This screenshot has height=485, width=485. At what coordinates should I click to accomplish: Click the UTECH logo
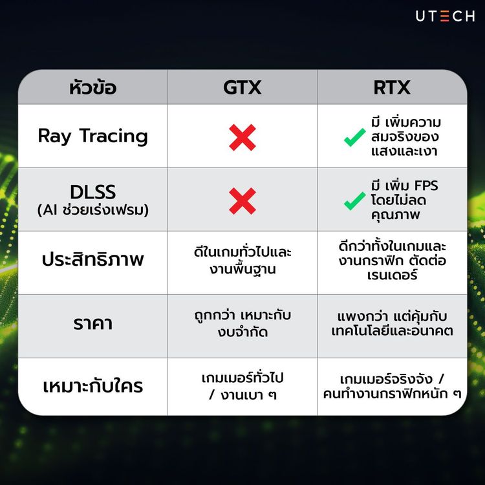[445, 16]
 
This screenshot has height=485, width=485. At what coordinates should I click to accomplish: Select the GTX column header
[242, 87]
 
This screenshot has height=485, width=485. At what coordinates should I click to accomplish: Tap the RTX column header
[393, 87]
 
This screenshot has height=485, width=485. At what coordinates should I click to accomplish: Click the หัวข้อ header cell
[92, 87]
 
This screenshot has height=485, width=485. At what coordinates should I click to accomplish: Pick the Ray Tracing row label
[92, 136]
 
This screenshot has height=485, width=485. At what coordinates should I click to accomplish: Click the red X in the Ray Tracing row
[242, 137]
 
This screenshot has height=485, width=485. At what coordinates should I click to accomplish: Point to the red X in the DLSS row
[242, 200]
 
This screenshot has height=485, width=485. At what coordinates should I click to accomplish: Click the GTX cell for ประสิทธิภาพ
[242, 261]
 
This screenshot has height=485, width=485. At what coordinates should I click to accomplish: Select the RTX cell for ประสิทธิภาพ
[393, 261]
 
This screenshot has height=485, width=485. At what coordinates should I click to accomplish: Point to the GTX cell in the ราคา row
[242, 323]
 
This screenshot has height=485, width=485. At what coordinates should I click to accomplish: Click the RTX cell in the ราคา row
[393, 323]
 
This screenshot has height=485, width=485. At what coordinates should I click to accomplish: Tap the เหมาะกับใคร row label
[92, 387]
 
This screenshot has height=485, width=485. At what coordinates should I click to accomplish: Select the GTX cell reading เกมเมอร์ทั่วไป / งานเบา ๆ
[242, 385]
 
